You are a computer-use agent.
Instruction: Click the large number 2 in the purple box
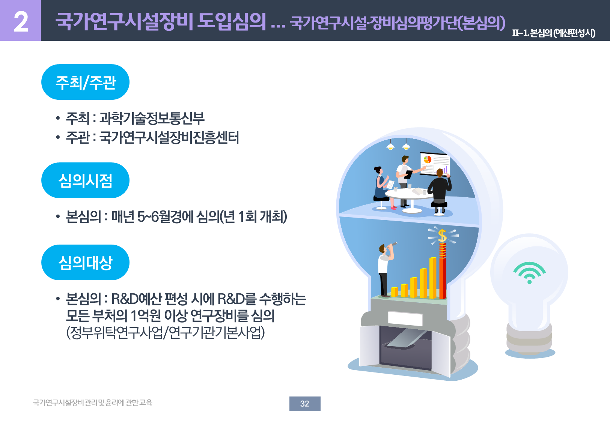pyautogui.click(x=21, y=22)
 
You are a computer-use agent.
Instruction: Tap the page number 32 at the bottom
pyautogui.click(x=304, y=404)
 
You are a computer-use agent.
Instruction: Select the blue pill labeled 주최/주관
pyautogui.click(x=85, y=82)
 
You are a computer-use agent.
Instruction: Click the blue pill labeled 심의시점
pyautogui.click(x=85, y=180)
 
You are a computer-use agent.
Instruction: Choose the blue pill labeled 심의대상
pyautogui.click(x=85, y=262)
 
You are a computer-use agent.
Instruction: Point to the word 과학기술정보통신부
pyautogui.click(x=152, y=119)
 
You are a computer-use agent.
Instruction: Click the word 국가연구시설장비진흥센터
pyautogui.click(x=169, y=137)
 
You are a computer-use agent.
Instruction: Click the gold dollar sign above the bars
pyautogui.click(x=443, y=236)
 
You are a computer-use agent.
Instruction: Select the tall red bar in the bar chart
pyautogui.click(x=443, y=271)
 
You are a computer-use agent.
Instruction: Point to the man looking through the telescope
pyautogui.click(x=386, y=269)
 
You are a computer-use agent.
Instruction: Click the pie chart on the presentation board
pyautogui.click(x=427, y=160)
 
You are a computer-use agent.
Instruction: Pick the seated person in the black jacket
pyautogui.click(x=439, y=191)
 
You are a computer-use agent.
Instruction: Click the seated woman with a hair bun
pyautogui.click(x=383, y=188)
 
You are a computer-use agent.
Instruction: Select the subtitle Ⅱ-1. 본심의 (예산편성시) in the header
pyautogui.click(x=554, y=33)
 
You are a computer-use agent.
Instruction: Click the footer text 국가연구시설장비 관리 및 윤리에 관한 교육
pyautogui.click(x=92, y=403)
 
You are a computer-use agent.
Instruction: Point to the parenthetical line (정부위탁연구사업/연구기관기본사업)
pyautogui.click(x=165, y=332)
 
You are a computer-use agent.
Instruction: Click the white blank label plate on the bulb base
pyautogui.click(x=405, y=318)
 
